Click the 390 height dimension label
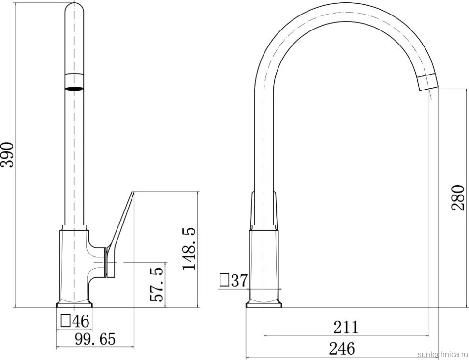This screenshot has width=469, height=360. (x=7, y=155)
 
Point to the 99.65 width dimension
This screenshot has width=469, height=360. (x=95, y=339)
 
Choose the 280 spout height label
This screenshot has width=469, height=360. (x=458, y=198)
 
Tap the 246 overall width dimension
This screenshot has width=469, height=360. (x=342, y=348)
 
